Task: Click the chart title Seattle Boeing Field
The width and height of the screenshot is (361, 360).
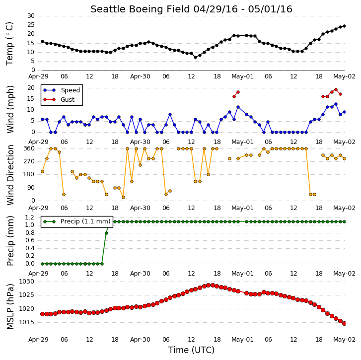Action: pyautogui.click(x=140, y=9)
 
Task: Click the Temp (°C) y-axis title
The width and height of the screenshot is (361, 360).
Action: pyautogui.click(x=9, y=44)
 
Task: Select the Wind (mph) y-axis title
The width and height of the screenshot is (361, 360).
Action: pyautogui.click(x=10, y=109)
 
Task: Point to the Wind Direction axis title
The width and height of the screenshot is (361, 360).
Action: pyautogui.click(x=10, y=175)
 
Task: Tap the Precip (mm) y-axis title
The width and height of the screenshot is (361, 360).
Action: pyautogui.click(x=10, y=241)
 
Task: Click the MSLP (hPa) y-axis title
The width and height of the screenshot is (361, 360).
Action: pyautogui.click(x=10, y=306)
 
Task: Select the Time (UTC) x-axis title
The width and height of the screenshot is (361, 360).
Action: pyautogui.click(x=191, y=350)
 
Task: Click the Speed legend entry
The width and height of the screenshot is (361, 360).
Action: pyautogui.click(x=62, y=90)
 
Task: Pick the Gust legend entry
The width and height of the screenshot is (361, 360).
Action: pyautogui.click(x=59, y=100)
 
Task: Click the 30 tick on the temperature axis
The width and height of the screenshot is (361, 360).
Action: pyautogui.click(x=31, y=16)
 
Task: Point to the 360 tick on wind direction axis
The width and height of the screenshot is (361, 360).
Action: pyautogui.click(x=29, y=148)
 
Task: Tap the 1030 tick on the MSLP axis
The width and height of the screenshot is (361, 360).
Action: pyautogui.click(x=26, y=282)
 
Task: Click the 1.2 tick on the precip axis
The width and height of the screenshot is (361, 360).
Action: pyautogui.click(x=30, y=217)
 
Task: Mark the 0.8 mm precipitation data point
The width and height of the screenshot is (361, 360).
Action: pyautogui.click(x=106, y=233)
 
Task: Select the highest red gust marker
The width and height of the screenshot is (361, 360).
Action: pyautogui.click(x=336, y=90)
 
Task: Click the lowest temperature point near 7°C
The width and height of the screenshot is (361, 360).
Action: pyautogui.click(x=196, y=57)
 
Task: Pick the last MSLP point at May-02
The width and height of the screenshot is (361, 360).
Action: pyautogui.click(x=345, y=324)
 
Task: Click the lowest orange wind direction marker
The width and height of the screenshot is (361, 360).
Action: pyautogui.click(x=124, y=198)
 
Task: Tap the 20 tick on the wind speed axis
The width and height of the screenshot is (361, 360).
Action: pyautogui.click(x=31, y=88)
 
